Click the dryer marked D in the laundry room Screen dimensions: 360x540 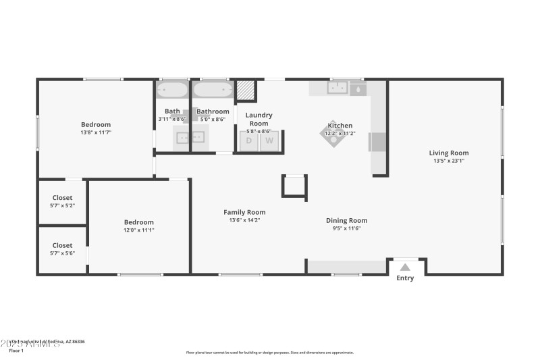click(x=248, y=140)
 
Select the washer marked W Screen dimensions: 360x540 click(x=269, y=140)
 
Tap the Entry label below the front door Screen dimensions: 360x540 click(x=405, y=278)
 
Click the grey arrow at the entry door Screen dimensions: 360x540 click(x=405, y=267)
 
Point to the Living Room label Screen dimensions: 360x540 click(x=449, y=153)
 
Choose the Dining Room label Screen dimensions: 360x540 click(x=346, y=220)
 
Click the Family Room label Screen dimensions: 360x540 click(x=244, y=212)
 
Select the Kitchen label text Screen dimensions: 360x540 click(x=340, y=126)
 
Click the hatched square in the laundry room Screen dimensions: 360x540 click(x=244, y=91)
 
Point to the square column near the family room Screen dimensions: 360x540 click(x=294, y=186)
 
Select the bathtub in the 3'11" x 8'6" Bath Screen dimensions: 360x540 click(x=173, y=90)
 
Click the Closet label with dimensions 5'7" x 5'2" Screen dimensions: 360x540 click(x=62, y=198)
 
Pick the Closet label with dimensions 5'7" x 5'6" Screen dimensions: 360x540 click(x=62, y=246)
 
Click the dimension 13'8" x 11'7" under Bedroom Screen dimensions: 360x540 click(x=96, y=132)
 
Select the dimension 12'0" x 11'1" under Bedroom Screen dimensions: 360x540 click(x=138, y=230)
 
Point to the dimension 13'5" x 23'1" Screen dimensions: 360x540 click(x=449, y=161)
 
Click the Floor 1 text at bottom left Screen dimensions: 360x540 click(x=16, y=351)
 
